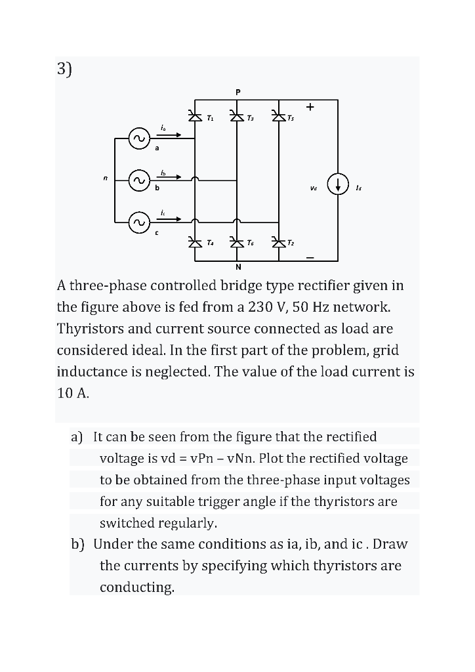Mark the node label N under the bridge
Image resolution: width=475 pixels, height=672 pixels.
tap(237, 267)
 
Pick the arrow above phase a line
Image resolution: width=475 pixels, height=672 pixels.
tap(169, 135)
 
